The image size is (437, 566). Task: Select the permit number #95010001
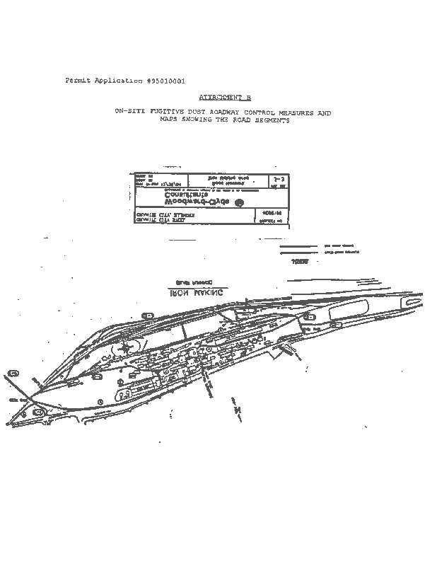[165, 81]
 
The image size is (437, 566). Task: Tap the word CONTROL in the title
[263, 112]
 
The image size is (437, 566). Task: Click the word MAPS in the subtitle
[170, 120]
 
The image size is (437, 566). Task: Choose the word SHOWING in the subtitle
[203, 120]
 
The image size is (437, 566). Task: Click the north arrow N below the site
[238, 410]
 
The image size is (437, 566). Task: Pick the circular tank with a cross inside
[126, 347]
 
